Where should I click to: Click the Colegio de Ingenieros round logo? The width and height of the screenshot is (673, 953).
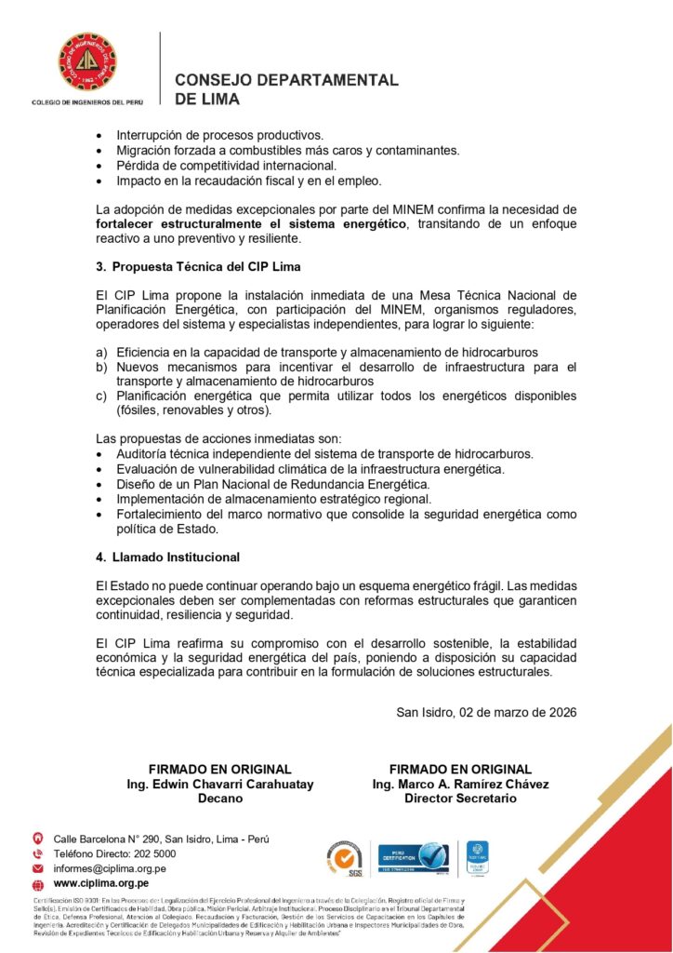tap(87, 62)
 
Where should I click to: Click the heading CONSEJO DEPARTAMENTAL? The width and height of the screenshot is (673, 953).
tap(286, 80)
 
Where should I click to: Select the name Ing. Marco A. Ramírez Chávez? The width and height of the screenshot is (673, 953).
tap(460, 784)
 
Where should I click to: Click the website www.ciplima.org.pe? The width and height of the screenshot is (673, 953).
tap(101, 882)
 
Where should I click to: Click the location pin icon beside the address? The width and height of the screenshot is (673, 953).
tap(38, 839)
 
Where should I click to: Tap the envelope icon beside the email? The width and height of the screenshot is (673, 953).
tap(38, 868)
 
